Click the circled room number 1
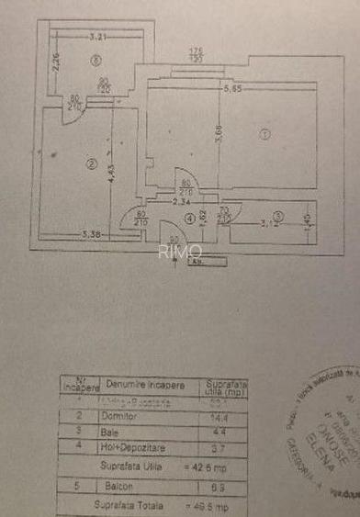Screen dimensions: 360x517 (x=264, y=134)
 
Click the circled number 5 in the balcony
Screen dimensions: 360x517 (x=96, y=61)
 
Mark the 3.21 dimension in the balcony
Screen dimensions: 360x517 (x=99, y=38)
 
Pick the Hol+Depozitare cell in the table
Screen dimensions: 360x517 (x=131, y=446)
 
